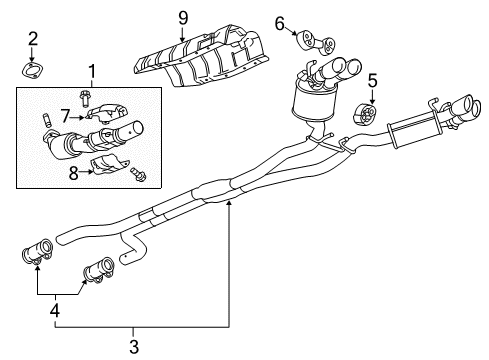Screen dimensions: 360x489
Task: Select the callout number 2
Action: pyautogui.click(x=32, y=39)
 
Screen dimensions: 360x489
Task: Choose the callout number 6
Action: pyautogui.click(x=280, y=23)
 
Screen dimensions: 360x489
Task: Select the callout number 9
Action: pyautogui.click(x=182, y=16)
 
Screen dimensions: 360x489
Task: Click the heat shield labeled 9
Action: pyautogui.click(x=205, y=58)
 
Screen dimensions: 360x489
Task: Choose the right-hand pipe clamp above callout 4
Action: pyautogui.click(x=97, y=268)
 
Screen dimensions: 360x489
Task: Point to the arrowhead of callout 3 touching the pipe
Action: pyautogui.click(x=229, y=201)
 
